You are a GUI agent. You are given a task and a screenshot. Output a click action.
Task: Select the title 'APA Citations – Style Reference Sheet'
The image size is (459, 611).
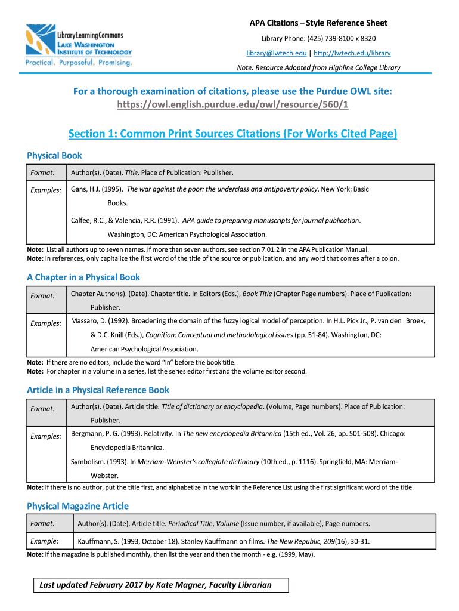pos(318,23)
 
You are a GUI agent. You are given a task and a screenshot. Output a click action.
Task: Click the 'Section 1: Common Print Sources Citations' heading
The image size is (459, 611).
pos(232,134)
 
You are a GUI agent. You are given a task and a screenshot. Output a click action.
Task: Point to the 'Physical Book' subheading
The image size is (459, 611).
pos(54,156)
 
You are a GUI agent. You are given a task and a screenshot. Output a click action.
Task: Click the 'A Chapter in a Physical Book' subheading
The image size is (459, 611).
pos(83,277)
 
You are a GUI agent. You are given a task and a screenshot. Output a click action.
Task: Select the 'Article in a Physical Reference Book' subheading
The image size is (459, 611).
pos(98,390)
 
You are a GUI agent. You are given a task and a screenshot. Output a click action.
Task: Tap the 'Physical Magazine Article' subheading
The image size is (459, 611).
pos(77,506)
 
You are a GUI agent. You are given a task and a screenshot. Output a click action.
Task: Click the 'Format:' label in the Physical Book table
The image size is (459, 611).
pos(43,173)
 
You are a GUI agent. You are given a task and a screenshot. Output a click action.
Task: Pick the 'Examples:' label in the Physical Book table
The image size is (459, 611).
pos(46,190)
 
